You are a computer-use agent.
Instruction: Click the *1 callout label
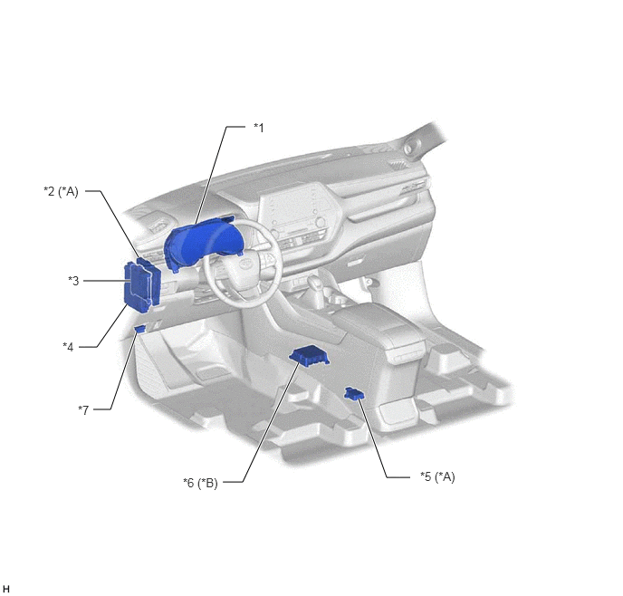259,128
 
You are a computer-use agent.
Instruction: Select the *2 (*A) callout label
61,191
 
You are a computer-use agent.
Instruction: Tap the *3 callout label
73,281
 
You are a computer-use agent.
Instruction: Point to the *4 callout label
68,347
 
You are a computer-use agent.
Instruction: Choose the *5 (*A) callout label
437,476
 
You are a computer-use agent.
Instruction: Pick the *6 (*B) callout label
200,483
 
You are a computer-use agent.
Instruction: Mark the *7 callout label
83,409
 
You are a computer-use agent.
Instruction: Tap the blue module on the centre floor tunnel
309,356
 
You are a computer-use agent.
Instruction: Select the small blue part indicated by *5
354,393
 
